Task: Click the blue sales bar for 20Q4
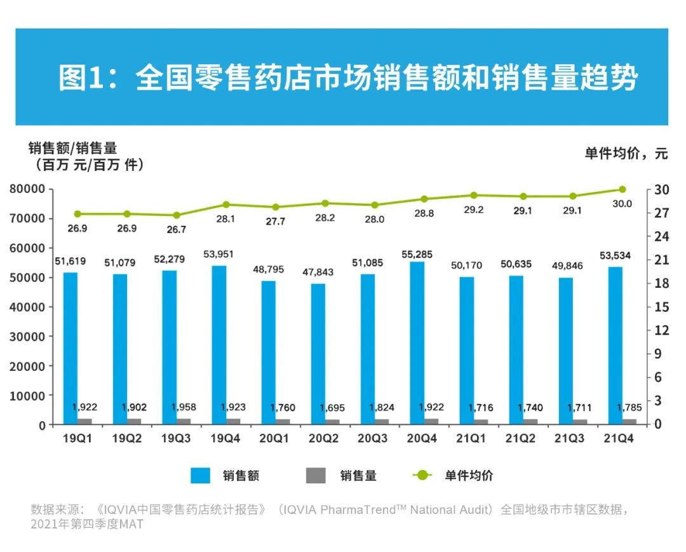(417, 343)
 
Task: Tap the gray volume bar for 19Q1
(84, 421)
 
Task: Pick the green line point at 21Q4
(622, 189)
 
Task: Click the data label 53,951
(219, 254)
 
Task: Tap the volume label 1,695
(332, 408)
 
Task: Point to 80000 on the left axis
(27, 189)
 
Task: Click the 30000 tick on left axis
(27, 337)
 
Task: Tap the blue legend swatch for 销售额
(201, 475)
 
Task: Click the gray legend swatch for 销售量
(316, 475)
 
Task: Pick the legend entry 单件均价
(468, 475)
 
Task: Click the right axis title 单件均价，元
(626, 153)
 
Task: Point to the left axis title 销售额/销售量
(72, 149)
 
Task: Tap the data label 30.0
(621, 204)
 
